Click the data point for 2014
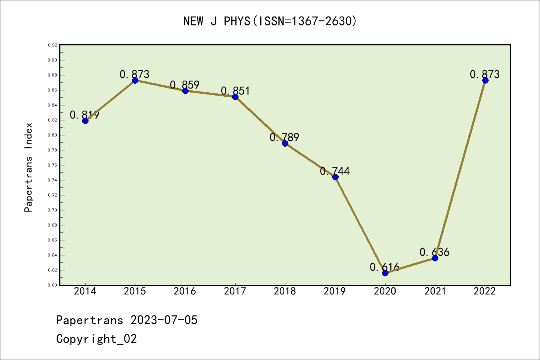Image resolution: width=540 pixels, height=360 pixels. click(85, 121)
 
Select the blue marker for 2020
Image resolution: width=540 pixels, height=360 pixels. click(385, 273)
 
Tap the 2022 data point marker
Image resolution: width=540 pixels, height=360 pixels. click(485, 80)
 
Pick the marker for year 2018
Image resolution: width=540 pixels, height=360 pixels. click(285, 143)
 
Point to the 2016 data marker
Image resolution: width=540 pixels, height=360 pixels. click(185, 91)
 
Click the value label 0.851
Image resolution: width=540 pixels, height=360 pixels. click(235, 91)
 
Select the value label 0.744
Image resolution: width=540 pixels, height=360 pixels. click(335, 171)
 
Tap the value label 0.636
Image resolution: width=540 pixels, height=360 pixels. click(435, 252)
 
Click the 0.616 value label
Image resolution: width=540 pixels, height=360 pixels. click(385, 267)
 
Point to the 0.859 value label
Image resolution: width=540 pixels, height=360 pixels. click(185, 85)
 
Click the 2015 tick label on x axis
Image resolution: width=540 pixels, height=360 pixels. click(135, 291)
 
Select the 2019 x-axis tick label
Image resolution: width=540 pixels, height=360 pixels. click(335, 291)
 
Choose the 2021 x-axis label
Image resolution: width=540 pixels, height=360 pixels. click(435, 291)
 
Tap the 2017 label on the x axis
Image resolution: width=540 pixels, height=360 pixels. click(235, 291)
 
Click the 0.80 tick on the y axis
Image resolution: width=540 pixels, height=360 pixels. click(52, 135)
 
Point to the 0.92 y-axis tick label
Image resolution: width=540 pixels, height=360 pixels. click(52, 45)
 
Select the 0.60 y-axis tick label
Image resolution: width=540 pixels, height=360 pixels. click(52, 285)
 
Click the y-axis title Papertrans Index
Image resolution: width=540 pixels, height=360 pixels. click(28, 167)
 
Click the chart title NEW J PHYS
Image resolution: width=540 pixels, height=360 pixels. click(270, 21)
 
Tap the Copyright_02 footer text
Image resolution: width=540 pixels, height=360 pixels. click(96, 339)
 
